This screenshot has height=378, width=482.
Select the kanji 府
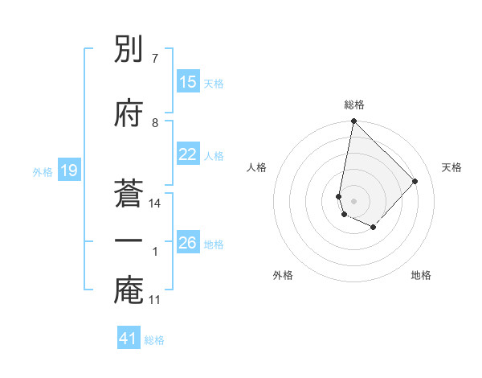pos(129,113)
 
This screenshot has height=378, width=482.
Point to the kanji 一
pos(129,241)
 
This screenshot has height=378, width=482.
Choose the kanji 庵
pos(129,290)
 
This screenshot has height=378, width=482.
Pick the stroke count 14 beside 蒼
pos(155,203)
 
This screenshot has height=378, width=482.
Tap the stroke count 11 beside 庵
pos(155,300)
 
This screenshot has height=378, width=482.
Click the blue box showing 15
pos(188,82)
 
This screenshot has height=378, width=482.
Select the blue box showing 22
pos(188,154)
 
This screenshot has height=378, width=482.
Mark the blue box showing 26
pos(188,243)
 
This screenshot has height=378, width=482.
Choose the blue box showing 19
pos(68,171)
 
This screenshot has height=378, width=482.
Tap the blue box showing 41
pos(129,339)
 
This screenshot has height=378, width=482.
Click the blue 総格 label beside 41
pos(154,340)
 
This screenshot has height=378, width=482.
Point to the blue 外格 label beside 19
pos(43,171)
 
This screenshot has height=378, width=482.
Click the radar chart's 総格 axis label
pos(354,105)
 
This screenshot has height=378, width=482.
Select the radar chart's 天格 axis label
pos(452,167)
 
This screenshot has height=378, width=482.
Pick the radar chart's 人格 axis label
pos(257,167)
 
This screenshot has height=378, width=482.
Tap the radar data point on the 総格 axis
pos(353,121)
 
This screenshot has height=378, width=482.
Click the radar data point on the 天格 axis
pos(415,181)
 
